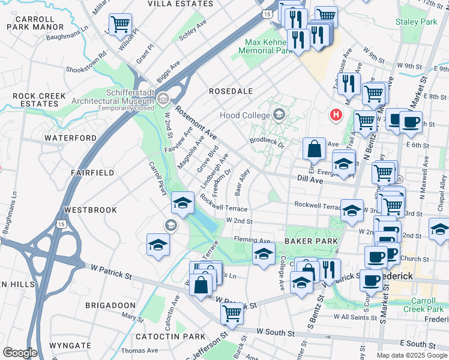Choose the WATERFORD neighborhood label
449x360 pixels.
tap(70, 138)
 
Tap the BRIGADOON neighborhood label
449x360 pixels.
tap(111, 305)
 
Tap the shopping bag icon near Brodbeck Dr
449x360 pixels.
tap(314, 148)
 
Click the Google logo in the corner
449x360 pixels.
tap(20, 353)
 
